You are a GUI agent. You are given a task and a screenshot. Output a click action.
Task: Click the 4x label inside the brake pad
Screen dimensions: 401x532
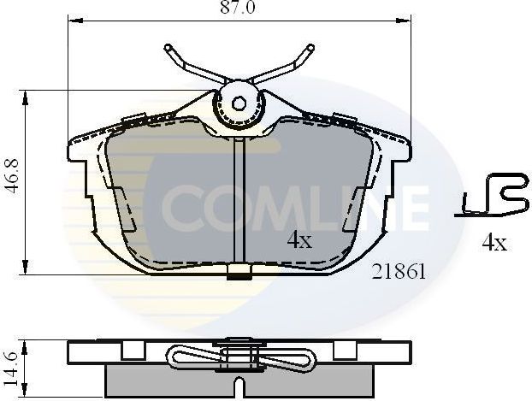coord(299,240)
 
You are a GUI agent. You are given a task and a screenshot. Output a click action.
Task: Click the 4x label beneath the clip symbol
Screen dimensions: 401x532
coord(494,243)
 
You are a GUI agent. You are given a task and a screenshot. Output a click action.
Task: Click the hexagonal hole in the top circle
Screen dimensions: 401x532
coord(240,102)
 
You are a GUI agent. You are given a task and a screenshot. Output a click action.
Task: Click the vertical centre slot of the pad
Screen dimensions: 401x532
coord(239,201)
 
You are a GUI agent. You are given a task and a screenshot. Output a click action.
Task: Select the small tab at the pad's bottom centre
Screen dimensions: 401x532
coord(239,274)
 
